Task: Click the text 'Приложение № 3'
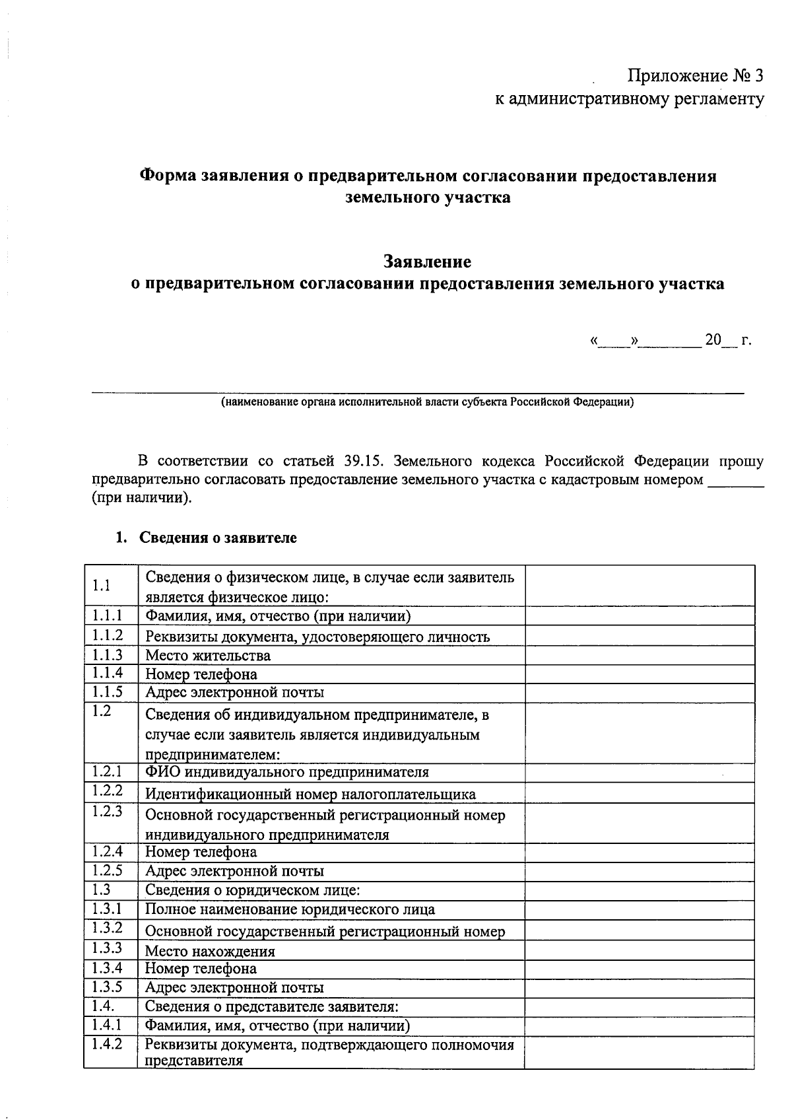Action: click(x=694, y=76)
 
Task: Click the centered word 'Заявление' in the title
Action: click(x=428, y=262)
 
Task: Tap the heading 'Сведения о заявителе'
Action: click(x=218, y=538)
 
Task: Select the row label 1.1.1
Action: click(x=108, y=615)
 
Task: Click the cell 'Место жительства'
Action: click(x=208, y=656)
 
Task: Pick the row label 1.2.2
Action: click(x=108, y=790)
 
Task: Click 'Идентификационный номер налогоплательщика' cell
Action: click(x=310, y=794)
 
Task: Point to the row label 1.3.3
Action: click(x=108, y=948)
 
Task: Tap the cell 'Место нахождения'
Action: click(x=210, y=952)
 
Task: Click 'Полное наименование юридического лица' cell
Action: click(x=290, y=909)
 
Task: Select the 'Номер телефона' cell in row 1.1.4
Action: click(x=201, y=674)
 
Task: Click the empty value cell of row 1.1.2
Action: click(x=639, y=636)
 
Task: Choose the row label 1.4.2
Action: click(x=108, y=1045)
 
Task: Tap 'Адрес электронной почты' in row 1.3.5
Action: click(x=234, y=988)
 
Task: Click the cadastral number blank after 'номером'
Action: click(x=735, y=481)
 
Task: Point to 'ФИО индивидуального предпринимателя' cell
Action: click(x=287, y=772)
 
